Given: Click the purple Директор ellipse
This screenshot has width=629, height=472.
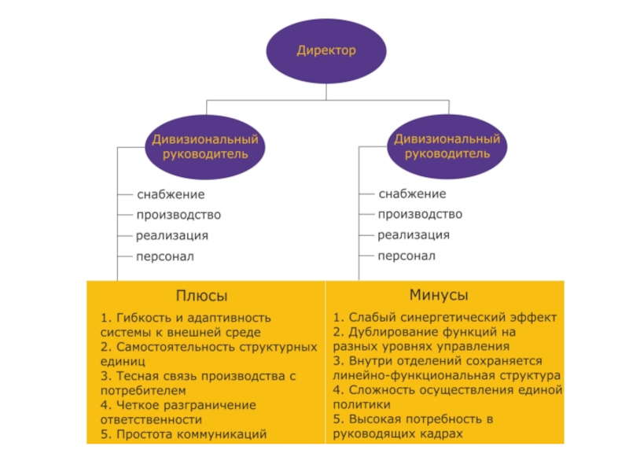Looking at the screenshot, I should pos(326,51).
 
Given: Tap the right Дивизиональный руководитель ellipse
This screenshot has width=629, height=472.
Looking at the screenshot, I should pos(447,146).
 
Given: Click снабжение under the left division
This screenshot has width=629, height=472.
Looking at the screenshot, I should pos(171,194).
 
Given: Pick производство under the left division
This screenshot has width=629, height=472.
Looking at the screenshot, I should pos(178,215).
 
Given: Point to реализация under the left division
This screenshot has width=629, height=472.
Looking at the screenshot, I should pos(172,235).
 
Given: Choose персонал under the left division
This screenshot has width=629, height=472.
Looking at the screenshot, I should pos(164,256).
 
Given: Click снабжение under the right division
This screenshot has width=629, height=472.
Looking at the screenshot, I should pos(412,194).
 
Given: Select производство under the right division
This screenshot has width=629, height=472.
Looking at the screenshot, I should pos(420,214).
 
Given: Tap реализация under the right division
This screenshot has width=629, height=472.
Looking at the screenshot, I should pos(414,234).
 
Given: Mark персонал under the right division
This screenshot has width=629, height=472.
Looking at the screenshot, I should pos(406,256).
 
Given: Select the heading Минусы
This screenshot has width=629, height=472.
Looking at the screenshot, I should pos(439,296).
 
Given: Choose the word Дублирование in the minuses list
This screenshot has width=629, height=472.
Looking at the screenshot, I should pos(387,333).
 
